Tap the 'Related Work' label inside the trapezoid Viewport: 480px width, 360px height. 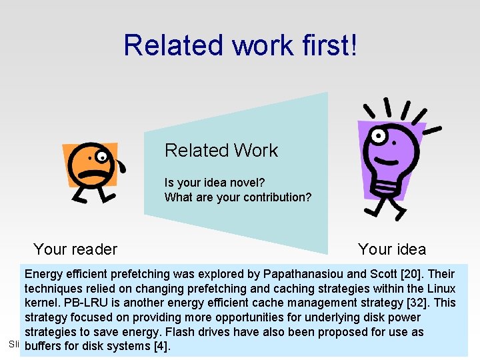221,151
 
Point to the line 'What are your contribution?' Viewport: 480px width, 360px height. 237,197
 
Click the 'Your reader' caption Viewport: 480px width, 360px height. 75,249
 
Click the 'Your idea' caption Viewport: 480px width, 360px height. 391,249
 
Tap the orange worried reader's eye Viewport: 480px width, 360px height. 101,157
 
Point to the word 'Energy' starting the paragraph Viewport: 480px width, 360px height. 44,274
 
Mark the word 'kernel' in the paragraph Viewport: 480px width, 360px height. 41,303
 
